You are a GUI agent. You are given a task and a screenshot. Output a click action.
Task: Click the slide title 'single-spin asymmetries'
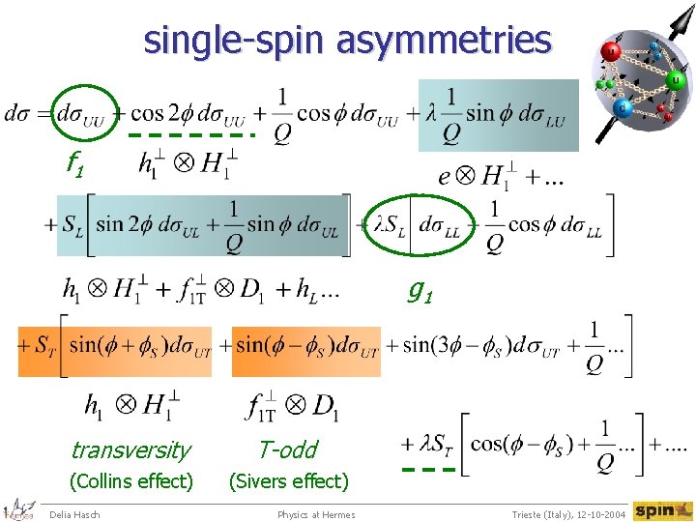coord(347,41)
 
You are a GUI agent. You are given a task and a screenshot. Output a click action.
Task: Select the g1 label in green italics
coord(419,288)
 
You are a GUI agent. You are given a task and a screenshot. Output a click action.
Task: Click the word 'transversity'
coord(130,449)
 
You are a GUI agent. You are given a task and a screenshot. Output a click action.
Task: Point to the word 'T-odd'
coord(287,449)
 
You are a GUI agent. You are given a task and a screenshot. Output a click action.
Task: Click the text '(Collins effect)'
coord(130,480)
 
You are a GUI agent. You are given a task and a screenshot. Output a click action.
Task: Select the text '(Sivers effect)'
coord(287,480)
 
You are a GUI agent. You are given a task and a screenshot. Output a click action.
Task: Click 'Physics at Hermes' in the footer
coord(316,514)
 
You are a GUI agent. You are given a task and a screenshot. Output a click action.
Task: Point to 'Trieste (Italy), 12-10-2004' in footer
coord(568,514)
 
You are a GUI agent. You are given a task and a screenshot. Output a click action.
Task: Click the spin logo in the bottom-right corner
coord(662,510)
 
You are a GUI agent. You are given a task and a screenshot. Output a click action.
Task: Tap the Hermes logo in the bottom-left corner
coord(19,510)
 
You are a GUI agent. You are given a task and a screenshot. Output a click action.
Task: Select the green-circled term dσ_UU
coord(83,113)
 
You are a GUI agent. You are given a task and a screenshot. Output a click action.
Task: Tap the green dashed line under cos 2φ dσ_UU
coord(190,135)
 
